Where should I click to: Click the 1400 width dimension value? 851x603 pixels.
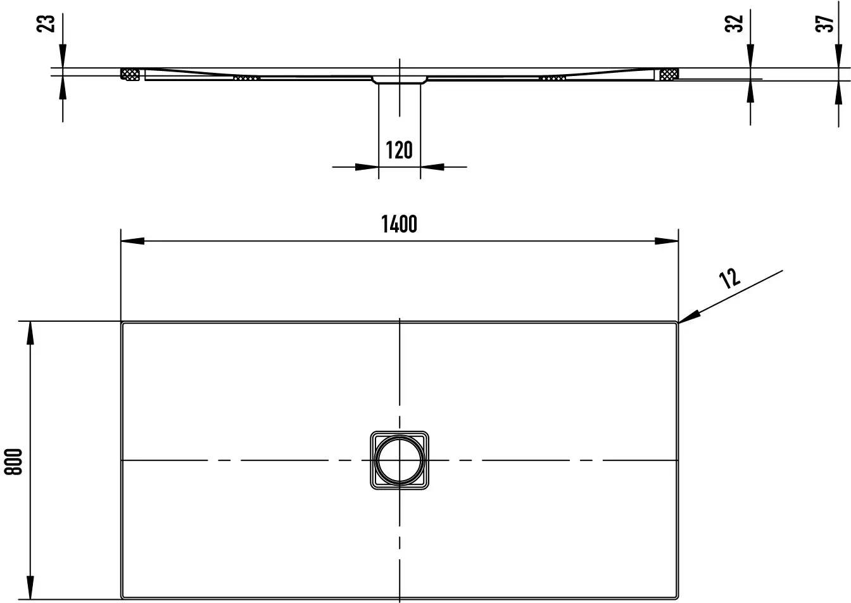(400, 224)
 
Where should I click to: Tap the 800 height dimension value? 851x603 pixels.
(13, 462)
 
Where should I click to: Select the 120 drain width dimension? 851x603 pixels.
(400, 149)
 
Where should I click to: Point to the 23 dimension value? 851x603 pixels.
(46, 23)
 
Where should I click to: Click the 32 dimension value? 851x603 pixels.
(734, 23)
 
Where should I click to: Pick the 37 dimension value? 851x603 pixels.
(824, 23)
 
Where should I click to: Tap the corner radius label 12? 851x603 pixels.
(729, 278)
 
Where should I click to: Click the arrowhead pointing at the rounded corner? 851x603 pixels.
(689, 317)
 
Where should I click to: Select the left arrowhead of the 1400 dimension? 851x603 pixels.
(132, 241)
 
